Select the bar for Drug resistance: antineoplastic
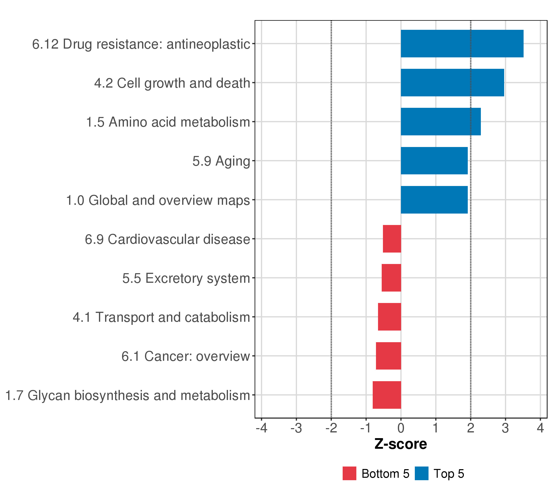tap(462, 43)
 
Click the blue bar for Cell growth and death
tap(452, 82)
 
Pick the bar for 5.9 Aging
tap(434, 161)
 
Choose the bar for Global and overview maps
tap(434, 200)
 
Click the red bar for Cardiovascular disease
tap(392, 239)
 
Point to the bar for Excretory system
tap(391, 278)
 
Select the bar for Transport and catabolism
tap(389, 317)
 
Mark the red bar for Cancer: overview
tap(388, 356)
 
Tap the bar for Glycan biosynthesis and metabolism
tap(387, 395)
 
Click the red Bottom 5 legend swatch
tap(349, 473)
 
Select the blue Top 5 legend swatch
tap(422, 473)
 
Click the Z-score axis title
tap(401, 444)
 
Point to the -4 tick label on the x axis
tap(261, 428)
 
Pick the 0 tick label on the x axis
tap(401, 428)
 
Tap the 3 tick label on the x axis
tap(505, 428)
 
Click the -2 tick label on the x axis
tap(331, 428)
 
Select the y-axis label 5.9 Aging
tap(221, 161)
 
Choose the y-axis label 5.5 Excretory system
tap(186, 278)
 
